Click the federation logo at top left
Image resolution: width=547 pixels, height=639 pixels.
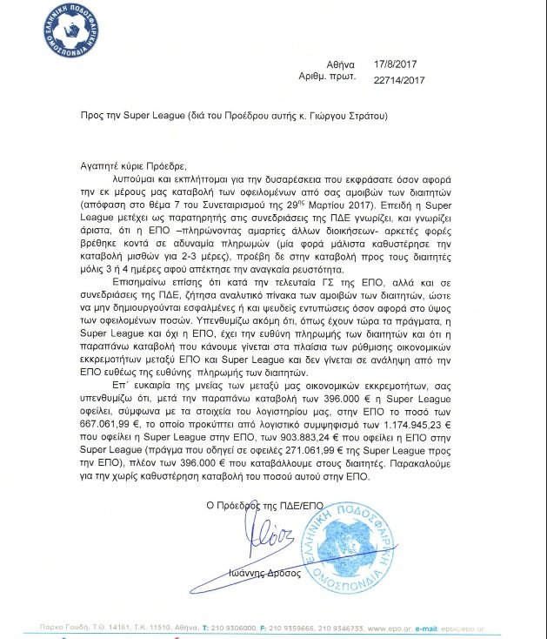click(66, 43)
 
